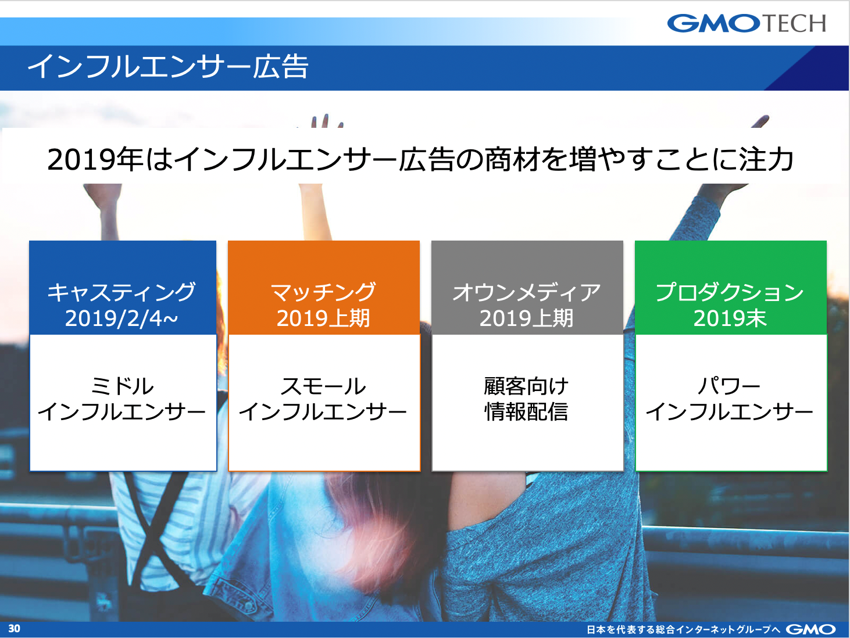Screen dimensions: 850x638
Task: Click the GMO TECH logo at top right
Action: tap(747, 23)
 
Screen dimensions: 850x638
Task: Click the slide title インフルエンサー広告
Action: tap(168, 67)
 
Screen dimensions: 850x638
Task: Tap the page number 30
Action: tap(15, 628)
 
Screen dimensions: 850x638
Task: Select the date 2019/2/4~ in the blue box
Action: tap(122, 318)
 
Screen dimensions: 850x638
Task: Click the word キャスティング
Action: tap(122, 292)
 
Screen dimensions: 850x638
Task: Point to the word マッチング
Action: tap(323, 292)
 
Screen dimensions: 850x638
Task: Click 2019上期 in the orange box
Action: tap(323, 318)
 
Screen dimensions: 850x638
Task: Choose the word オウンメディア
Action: tap(527, 292)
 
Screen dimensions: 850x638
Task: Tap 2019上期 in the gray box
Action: tap(527, 318)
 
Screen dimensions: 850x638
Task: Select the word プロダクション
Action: tap(730, 292)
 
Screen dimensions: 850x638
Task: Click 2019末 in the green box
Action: tap(730, 318)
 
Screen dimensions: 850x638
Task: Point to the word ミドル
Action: tap(122, 386)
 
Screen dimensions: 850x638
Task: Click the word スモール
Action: tap(323, 386)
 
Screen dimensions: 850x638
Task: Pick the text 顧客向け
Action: tap(527, 386)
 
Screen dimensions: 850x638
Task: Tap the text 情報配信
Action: tap(527, 411)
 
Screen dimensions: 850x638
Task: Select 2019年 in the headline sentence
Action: tap(96, 160)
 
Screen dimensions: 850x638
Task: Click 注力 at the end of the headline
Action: tap(767, 160)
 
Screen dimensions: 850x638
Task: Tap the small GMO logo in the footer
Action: tap(810, 629)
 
